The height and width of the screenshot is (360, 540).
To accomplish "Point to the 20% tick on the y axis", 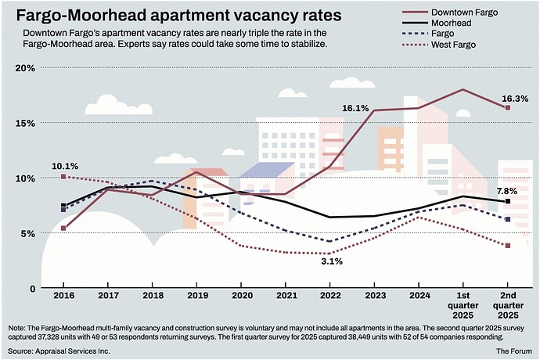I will [27, 68].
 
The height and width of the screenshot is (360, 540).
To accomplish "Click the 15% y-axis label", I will [27, 124].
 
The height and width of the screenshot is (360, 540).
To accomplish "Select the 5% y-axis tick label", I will [29, 233].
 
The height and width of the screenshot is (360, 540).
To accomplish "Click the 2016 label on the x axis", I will [63, 298].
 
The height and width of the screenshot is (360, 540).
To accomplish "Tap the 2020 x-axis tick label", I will [242, 298].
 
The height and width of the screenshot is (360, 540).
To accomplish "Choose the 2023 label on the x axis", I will [375, 298].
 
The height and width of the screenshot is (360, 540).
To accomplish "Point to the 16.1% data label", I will [355, 108].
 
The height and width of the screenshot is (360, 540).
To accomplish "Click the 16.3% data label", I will [514, 99].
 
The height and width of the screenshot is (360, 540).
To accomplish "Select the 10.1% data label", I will [65, 166].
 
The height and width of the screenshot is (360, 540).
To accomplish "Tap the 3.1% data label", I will [332, 261].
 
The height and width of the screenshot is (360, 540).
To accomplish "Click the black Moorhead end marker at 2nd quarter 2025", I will [508, 202].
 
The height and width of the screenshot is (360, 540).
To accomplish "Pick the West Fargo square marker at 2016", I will [63, 177].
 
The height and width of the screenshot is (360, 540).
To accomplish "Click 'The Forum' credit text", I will [513, 352].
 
